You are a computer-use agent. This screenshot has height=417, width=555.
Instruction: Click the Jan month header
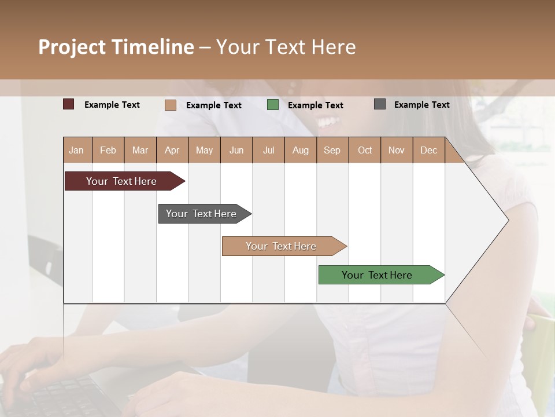click(77, 150)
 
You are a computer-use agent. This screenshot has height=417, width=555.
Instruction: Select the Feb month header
click(108, 150)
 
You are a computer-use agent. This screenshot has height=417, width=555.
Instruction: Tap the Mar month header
click(140, 150)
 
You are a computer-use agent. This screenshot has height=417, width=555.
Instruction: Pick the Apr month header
click(172, 150)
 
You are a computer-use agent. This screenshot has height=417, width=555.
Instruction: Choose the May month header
click(204, 150)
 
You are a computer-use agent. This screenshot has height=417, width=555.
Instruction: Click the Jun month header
click(236, 150)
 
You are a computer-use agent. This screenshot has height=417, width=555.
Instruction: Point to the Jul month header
click(268, 150)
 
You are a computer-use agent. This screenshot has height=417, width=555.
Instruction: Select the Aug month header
click(301, 150)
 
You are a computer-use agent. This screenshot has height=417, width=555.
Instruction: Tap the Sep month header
click(332, 150)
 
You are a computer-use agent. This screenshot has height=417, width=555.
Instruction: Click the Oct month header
click(365, 150)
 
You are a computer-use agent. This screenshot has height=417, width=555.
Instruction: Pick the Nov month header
click(397, 150)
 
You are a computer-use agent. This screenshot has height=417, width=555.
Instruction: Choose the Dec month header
click(429, 150)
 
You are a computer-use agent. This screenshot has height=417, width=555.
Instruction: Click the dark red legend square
click(69, 104)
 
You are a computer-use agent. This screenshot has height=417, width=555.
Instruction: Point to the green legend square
click(273, 105)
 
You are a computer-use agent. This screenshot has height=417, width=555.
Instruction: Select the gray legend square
click(380, 104)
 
